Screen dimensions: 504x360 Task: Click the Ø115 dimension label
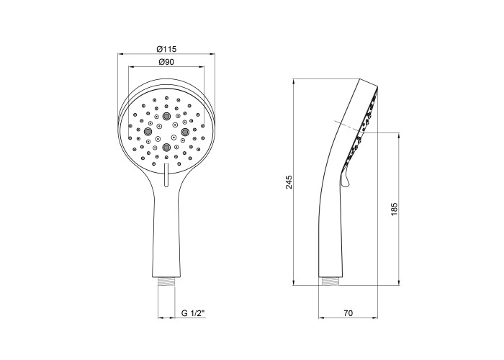(166, 49)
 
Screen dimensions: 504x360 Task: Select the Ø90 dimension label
(166, 62)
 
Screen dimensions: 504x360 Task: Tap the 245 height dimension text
(289, 182)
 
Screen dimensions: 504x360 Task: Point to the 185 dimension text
(395, 209)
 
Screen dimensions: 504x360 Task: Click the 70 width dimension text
(348, 312)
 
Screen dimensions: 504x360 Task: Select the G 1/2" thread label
(193, 313)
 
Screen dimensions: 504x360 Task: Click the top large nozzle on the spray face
(166, 115)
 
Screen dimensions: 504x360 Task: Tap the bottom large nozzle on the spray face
(166, 147)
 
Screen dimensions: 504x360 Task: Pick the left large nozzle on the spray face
(148, 131)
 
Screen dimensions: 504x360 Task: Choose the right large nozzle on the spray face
(185, 131)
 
